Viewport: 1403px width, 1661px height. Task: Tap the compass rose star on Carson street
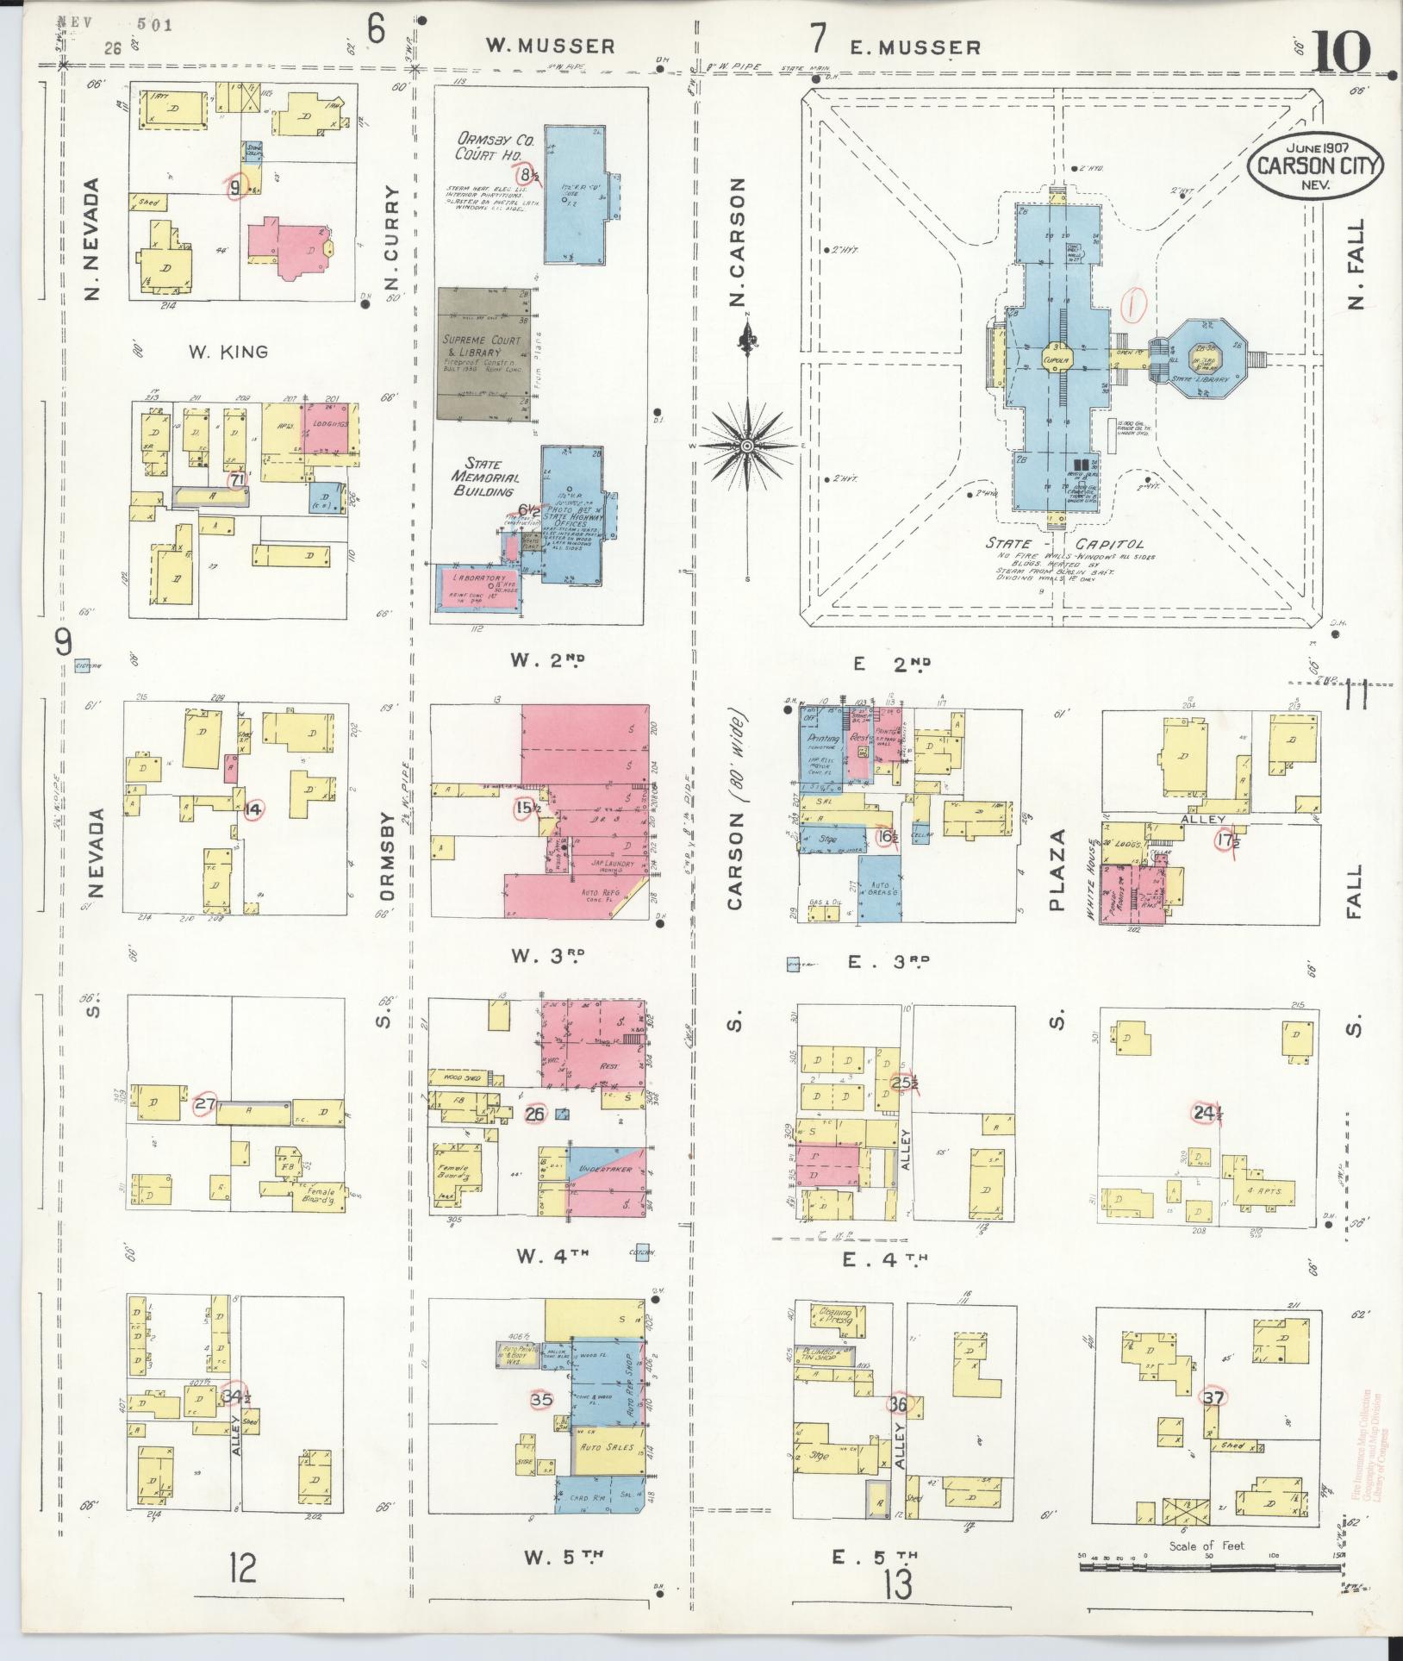(x=746, y=445)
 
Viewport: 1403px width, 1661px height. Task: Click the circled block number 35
(x=541, y=1400)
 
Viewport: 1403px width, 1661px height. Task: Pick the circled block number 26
(x=535, y=1114)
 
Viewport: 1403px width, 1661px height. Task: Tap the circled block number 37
(x=1213, y=1398)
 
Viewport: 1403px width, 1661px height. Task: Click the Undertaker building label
(x=611, y=1170)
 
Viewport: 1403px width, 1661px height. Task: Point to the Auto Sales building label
(x=607, y=1447)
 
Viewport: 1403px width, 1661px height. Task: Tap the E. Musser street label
(x=915, y=47)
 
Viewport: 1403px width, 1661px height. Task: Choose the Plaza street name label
(x=1058, y=871)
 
